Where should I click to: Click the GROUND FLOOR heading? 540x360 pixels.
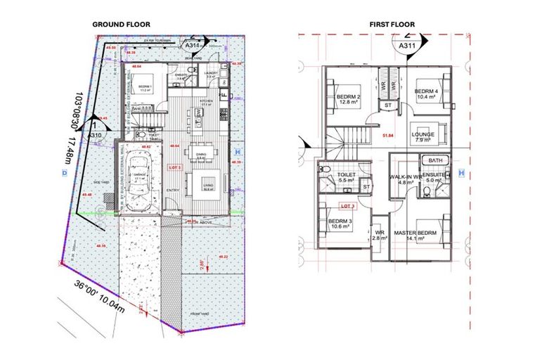121,24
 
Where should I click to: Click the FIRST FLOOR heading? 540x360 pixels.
392,24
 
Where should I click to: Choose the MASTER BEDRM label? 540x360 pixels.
416,233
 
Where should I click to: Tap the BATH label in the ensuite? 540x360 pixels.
436,161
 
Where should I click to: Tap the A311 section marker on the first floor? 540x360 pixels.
406,46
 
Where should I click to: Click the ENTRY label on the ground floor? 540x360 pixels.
172,191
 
